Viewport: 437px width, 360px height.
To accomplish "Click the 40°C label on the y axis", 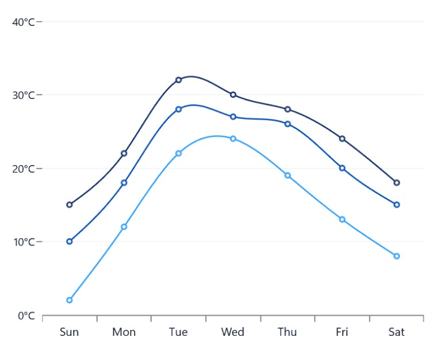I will coord(24,22).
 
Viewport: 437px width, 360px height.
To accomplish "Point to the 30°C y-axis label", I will coord(24,95).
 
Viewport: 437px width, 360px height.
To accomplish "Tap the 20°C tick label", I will coord(24,168).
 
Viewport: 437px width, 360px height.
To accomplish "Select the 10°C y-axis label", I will coord(24,242).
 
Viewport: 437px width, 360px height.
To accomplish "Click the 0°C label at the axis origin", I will coord(26,316).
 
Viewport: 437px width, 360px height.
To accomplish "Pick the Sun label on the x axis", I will coord(69,332).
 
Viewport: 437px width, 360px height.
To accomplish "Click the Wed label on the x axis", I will coord(233,332).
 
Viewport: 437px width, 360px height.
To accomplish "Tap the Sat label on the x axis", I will coord(396,332).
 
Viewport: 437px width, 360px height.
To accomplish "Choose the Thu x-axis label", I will coord(287,332).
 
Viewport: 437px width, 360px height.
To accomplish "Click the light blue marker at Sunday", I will coord(70,300).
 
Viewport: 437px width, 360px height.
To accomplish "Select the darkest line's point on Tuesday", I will coord(178,80).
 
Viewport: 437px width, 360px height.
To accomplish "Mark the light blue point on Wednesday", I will coord(233,139).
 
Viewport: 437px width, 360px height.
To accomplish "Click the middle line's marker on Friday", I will coord(342,168).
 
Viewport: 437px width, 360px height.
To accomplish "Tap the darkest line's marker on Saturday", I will coord(397,183).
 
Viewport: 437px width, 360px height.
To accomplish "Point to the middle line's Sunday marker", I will coord(70,242).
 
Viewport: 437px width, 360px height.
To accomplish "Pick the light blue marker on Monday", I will coord(124,227).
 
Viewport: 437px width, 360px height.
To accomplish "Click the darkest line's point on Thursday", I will coord(287,109).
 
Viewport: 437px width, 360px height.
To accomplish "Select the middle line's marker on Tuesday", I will coord(178,109).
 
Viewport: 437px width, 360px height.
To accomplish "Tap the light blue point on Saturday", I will coord(397,256).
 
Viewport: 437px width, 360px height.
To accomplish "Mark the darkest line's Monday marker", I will coord(124,154).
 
